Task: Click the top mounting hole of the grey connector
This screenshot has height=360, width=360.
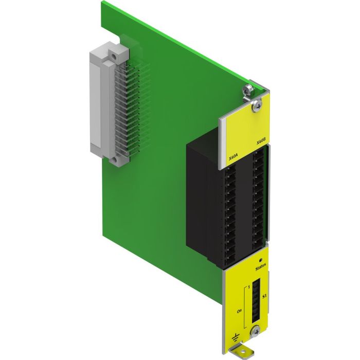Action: [x=111, y=54]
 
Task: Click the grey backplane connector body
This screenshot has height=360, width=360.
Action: [x=100, y=103]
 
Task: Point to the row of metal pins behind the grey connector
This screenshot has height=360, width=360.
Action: [x=123, y=113]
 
